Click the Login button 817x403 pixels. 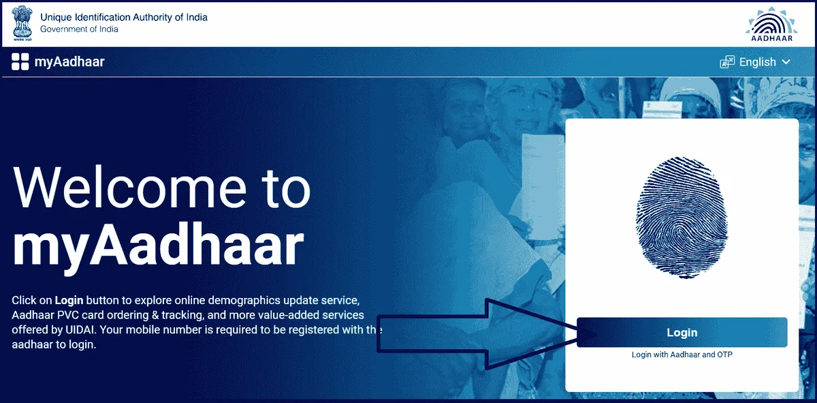682,332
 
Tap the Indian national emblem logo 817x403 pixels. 22,23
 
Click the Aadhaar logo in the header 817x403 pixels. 771,24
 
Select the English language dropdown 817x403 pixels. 755,62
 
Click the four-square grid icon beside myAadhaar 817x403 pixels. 20,61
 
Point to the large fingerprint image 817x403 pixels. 682,218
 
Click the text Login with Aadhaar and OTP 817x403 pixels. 682,355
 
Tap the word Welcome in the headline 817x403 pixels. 129,188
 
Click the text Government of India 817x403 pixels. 79,29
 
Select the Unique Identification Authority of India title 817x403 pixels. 124,17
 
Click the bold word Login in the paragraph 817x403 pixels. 69,300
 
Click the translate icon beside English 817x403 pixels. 727,62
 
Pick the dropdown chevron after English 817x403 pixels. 786,62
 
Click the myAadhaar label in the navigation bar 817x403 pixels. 69,62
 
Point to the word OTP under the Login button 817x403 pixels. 724,355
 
